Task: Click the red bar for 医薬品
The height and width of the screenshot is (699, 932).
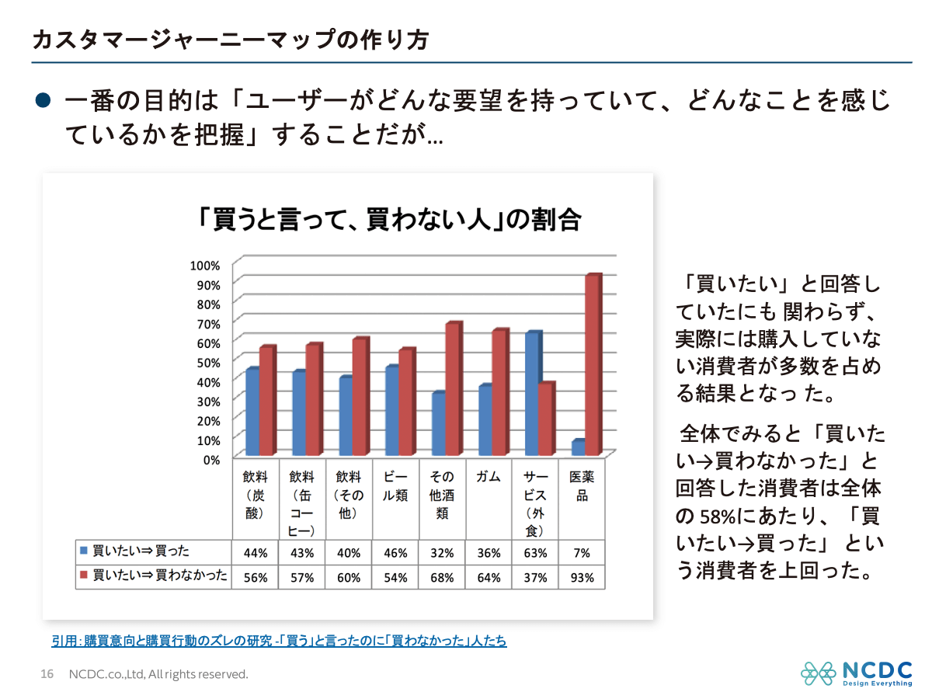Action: point(593,365)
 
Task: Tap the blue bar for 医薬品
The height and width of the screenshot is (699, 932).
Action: point(578,448)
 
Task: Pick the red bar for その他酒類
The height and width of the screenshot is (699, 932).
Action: point(454,389)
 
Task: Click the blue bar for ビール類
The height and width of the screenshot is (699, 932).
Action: point(392,411)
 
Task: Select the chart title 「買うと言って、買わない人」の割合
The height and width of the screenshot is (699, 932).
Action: point(388,219)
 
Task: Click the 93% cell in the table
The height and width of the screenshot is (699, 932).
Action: point(582,578)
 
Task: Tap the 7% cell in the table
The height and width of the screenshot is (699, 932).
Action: point(582,553)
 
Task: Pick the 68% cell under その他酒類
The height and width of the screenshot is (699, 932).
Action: point(442,578)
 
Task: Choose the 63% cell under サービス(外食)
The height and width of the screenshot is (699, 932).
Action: point(535,553)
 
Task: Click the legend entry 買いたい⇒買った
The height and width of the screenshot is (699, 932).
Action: point(140,552)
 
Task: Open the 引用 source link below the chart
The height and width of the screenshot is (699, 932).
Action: point(279,641)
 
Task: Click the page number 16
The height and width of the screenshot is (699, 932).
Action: point(47,674)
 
